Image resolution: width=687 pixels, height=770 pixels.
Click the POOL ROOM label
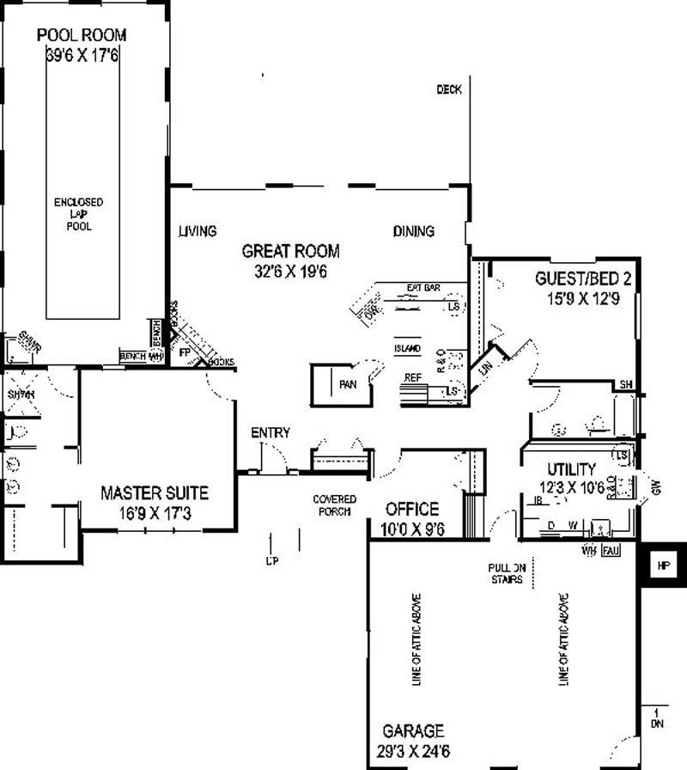point(82,35)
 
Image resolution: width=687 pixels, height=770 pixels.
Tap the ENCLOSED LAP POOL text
point(78,214)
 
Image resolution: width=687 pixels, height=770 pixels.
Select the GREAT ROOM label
point(290,252)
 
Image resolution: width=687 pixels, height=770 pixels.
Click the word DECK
point(449,89)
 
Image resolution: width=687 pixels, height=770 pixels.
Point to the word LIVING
point(197,231)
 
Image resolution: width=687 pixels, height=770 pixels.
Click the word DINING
point(414,231)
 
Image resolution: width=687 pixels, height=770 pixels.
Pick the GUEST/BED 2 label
point(584,278)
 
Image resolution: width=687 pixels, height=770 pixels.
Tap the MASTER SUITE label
point(154,493)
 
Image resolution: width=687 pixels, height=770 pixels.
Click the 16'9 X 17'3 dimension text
point(154,513)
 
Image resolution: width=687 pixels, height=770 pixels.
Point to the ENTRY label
point(270,433)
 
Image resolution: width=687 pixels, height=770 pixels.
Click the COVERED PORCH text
point(333,505)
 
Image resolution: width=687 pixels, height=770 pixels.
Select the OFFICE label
point(411,510)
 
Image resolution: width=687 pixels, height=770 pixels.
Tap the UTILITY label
point(571,469)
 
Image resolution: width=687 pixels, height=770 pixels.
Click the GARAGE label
point(414,731)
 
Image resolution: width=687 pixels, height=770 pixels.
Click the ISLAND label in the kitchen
point(406,349)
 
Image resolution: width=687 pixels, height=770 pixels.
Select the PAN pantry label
point(348,385)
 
